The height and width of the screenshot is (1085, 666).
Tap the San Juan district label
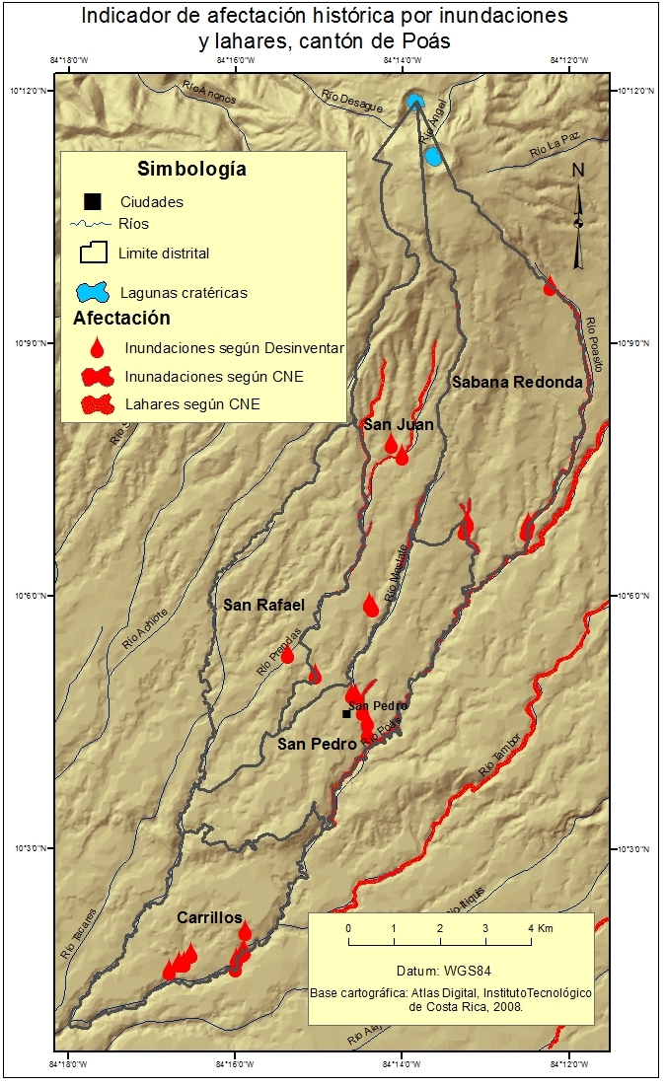(399, 424)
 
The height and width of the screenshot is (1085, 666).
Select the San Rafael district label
(263, 605)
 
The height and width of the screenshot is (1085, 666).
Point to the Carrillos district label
(209, 917)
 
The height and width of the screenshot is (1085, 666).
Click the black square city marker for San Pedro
(346, 713)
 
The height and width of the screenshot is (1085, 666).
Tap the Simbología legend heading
(191, 169)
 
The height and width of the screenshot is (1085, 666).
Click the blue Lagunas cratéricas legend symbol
(95, 293)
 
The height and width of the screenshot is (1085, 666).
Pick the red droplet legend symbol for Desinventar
(96, 347)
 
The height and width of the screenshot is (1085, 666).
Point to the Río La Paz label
(551, 150)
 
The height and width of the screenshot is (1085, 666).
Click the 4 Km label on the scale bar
(536, 929)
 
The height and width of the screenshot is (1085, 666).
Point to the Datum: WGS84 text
(450, 970)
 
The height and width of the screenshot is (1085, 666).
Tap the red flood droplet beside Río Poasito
(550, 285)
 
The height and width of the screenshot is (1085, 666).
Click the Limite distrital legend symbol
(94, 253)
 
